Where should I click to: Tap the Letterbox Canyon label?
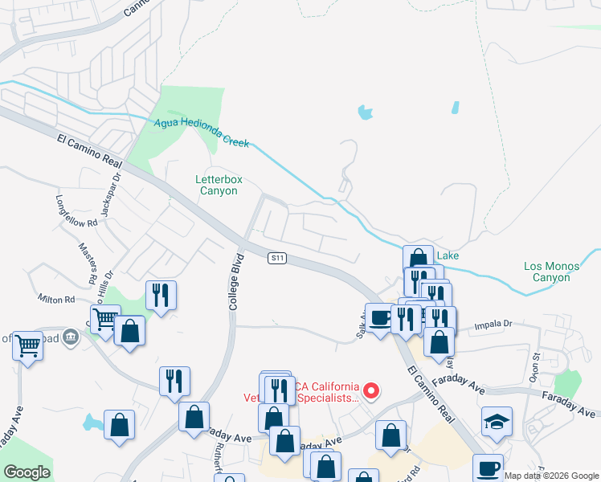[x=218, y=186]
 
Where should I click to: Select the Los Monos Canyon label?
[x=546, y=272]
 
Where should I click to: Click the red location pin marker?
[x=371, y=391]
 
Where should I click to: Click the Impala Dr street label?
[x=493, y=325]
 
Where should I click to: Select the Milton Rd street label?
[x=55, y=298]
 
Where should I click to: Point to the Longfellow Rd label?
[x=76, y=210]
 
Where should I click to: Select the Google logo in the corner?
[x=27, y=472]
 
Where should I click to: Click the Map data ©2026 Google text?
[x=550, y=476]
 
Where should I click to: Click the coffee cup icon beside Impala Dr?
[x=380, y=317]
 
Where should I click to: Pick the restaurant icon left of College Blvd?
[x=161, y=294]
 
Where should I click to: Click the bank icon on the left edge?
[x=70, y=337]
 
